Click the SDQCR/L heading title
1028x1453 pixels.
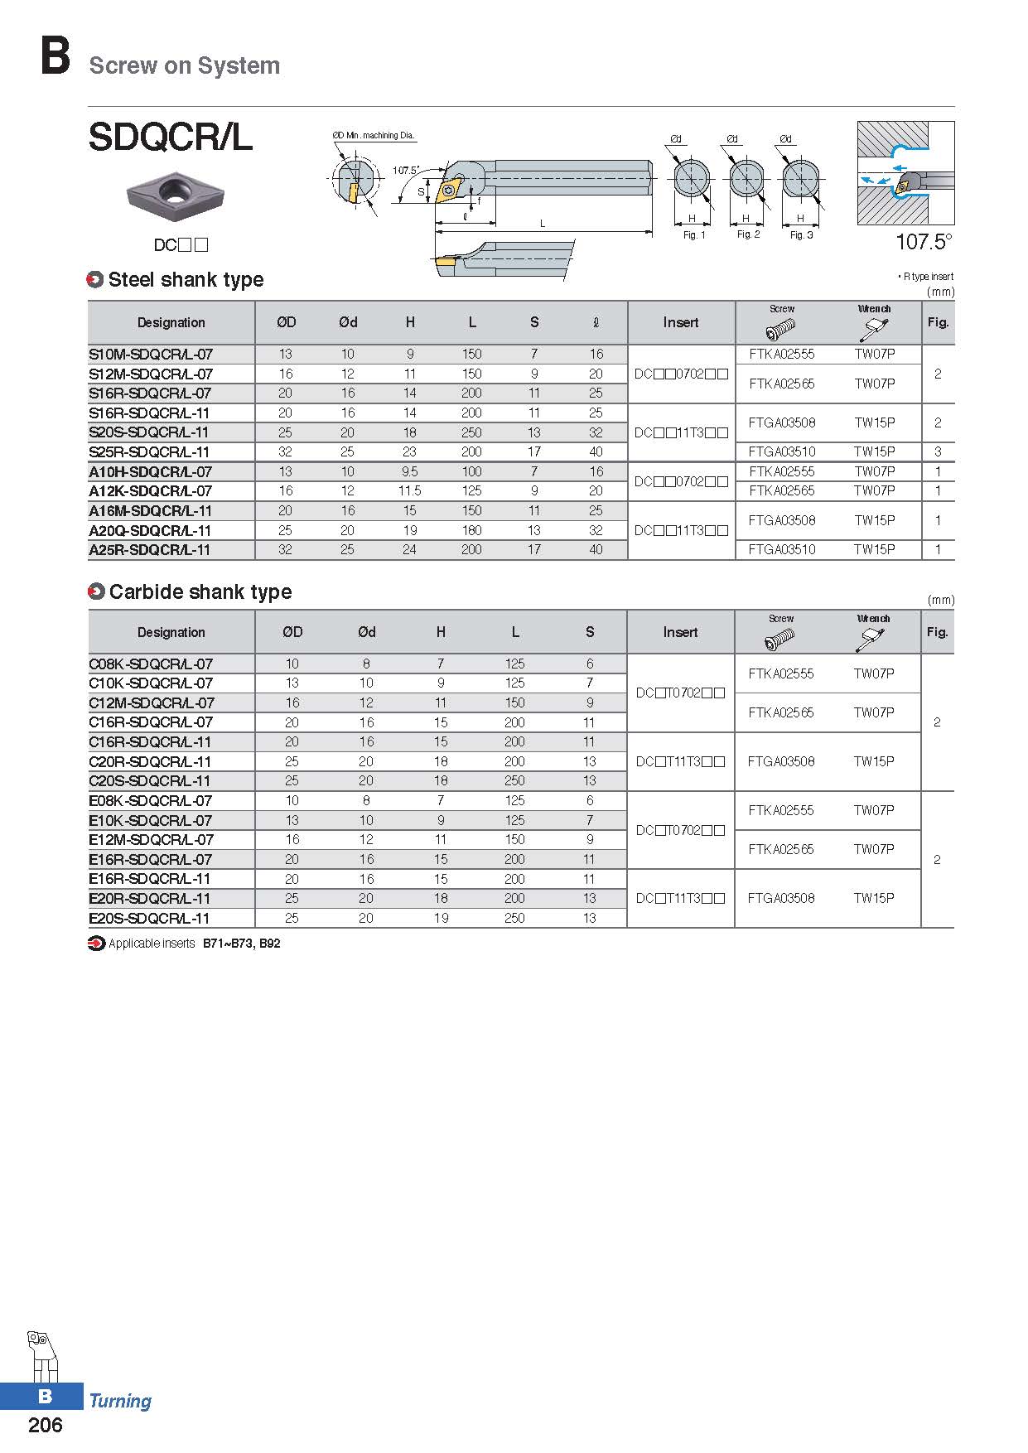pos(170,138)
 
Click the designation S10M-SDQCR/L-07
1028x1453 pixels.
pos(150,354)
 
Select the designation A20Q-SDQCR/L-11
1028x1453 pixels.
pos(150,530)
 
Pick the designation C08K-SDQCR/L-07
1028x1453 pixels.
pos(150,664)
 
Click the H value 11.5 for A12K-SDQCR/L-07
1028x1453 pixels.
pos(409,490)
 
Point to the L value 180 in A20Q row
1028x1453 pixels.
pos(471,530)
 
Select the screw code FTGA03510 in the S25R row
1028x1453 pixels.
pos(781,451)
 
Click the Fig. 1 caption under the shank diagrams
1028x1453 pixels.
pos(694,235)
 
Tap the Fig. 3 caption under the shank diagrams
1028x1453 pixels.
pos(801,235)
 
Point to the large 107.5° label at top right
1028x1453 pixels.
pos(924,242)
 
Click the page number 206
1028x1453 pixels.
pos(46,1424)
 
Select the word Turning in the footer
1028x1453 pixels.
pos(120,1401)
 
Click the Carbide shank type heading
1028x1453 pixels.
pos(200,591)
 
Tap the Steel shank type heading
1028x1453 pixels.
pos(186,280)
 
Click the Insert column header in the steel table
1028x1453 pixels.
pos(680,322)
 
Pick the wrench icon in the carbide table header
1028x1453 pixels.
pos(872,640)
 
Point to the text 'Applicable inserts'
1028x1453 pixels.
pos(152,944)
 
